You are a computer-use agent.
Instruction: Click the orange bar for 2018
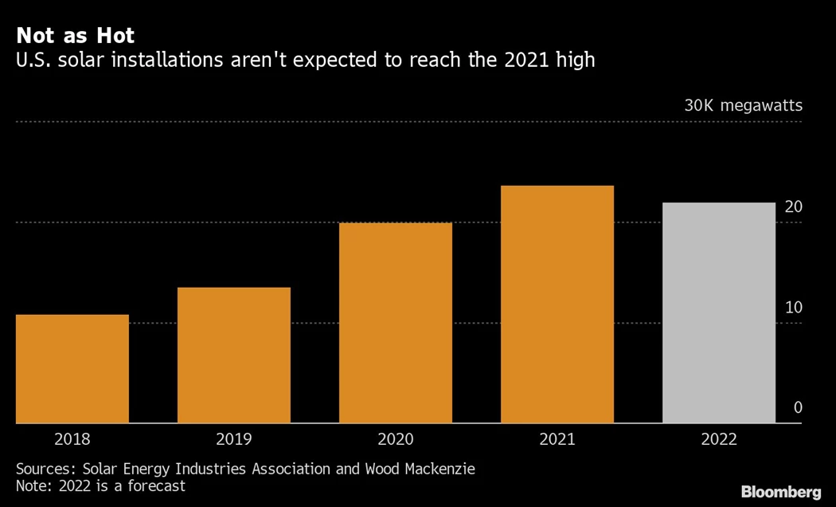(x=72, y=368)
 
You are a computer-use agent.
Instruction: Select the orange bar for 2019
(x=234, y=355)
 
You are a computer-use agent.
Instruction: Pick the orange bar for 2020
(x=396, y=323)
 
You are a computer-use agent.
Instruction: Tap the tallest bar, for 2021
(x=557, y=304)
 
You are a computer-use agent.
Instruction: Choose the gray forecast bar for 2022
(x=719, y=312)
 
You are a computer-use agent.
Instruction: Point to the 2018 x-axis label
(x=72, y=439)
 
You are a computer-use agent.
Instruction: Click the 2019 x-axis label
(x=234, y=439)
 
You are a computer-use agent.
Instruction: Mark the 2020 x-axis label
(x=396, y=439)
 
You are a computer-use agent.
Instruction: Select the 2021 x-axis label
(x=557, y=439)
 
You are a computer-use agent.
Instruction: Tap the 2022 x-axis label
(x=719, y=439)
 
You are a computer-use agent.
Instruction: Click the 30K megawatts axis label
(x=743, y=106)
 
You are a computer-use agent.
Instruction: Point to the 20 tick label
(x=793, y=207)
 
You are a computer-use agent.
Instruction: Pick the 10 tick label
(x=793, y=308)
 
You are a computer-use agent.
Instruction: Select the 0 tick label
(x=798, y=408)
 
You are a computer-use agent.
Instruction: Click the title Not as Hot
(x=76, y=36)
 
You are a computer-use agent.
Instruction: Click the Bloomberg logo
(x=781, y=492)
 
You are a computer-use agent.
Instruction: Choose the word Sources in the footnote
(x=45, y=469)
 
